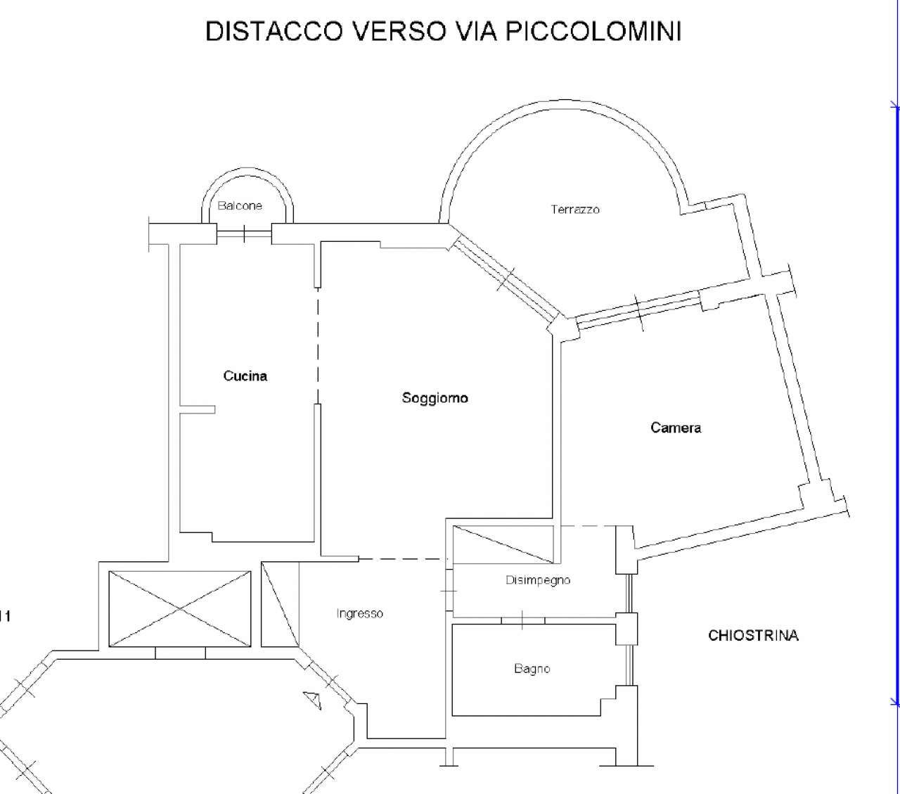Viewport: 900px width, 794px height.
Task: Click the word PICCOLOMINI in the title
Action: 593,32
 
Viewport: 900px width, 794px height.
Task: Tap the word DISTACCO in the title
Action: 274,32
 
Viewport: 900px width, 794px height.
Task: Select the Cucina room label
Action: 245,376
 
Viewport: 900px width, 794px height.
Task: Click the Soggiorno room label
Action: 435,397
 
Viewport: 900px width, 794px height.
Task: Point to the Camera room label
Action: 676,428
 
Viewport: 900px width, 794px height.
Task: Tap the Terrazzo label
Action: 575,210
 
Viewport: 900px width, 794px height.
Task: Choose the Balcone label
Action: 240,206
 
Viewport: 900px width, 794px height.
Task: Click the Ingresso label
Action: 360,613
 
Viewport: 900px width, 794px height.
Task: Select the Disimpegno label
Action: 538,580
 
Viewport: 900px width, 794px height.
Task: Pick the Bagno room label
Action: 532,668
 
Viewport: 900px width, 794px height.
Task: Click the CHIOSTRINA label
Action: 754,635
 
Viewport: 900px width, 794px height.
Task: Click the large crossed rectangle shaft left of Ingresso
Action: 180,609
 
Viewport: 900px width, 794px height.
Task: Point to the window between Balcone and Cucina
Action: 244,233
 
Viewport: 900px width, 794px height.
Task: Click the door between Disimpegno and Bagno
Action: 523,620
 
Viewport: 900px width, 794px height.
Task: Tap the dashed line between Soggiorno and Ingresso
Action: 403,558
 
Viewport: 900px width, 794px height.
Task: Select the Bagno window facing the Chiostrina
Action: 629,665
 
